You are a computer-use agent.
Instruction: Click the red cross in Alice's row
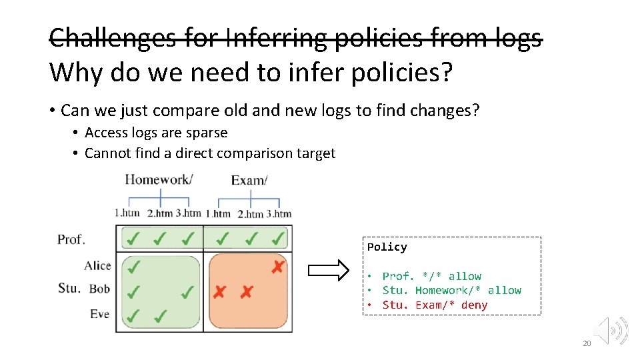click(x=278, y=267)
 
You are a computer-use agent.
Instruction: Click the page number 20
click(x=587, y=343)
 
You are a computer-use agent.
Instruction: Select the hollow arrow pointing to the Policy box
click(x=328, y=270)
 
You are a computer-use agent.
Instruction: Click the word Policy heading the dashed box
click(x=387, y=247)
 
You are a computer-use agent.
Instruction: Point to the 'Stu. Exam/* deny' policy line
click(x=435, y=305)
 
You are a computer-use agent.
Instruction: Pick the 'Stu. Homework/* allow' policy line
click(x=451, y=291)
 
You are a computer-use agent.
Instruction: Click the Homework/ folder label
click(x=159, y=179)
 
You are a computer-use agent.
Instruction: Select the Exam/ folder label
click(x=249, y=180)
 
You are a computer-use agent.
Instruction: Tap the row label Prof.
click(x=71, y=239)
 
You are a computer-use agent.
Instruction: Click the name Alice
click(x=97, y=265)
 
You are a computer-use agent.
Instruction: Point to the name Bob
click(x=99, y=289)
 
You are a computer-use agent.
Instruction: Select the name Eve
click(x=99, y=313)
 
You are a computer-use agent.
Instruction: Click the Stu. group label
click(x=69, y=288)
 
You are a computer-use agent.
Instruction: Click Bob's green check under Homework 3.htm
click(x=188, y=291)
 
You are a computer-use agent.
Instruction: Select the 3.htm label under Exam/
click(x=279, y=214)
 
